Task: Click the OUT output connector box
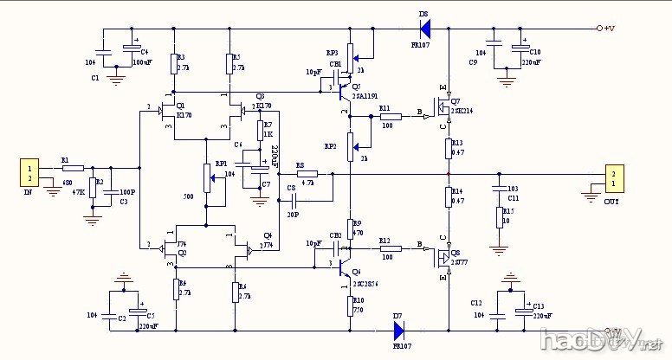click(612, 179)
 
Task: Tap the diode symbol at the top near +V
click(425, 29)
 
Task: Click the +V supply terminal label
click(609, 29)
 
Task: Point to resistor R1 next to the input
click(73, 167)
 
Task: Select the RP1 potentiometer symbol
click(206, 178)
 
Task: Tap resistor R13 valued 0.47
click(449, 148)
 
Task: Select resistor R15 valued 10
click(499, 215)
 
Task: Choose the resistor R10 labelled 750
click(349, 305)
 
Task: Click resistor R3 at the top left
click(174, 62)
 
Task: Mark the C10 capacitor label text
click(534, 52)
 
